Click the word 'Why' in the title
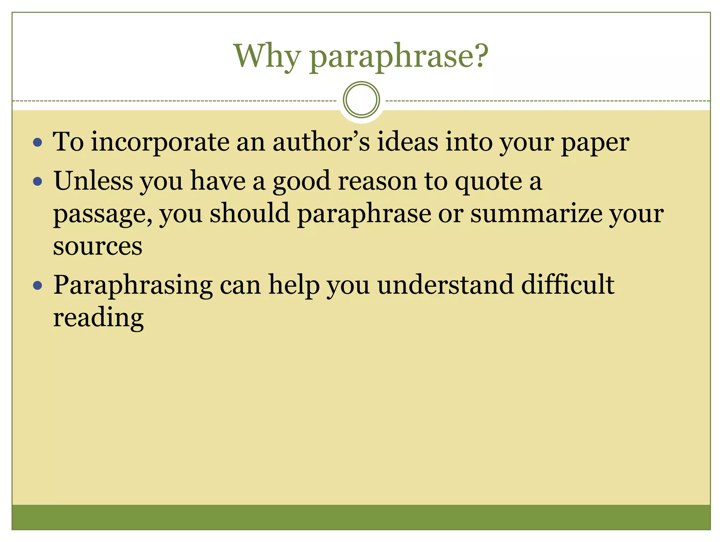[267, 56]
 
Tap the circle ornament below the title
[361, 100]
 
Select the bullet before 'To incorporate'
[37, 143]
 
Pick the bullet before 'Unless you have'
[37, 182]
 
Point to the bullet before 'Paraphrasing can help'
[37, 285]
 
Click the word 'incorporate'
[160, 143]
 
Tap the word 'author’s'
[321, 142]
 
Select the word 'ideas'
[407, 142]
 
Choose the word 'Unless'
[93, 181]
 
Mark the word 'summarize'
[536, 214]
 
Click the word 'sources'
[97, 246]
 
